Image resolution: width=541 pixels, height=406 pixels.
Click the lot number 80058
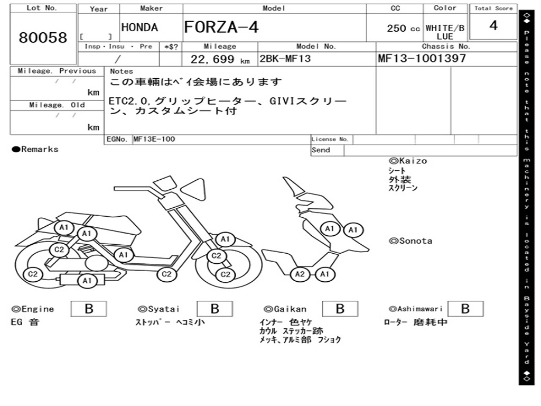point(43,38)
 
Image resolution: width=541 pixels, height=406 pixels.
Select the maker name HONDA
point(139,27)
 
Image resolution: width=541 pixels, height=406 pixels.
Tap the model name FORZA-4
point(221,27)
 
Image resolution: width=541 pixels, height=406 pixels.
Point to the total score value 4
point(493,26)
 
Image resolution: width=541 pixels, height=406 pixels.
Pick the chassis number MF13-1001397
point(422,58)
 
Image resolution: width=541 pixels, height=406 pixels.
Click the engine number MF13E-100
point(154,139)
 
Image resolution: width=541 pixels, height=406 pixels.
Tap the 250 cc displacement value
point(403,29)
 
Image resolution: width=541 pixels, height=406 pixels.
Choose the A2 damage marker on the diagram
point(300,274)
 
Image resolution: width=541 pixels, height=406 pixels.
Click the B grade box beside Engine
point(89,309)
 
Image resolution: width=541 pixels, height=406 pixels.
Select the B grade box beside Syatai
point(214,309)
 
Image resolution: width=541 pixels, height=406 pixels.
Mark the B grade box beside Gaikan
point(340,309)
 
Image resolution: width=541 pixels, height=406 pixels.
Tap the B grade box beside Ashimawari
point(465,309)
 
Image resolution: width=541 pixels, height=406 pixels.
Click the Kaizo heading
point(408,161)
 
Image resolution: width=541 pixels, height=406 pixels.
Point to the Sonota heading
point(411,241)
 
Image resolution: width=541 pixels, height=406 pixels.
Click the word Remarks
point(40,149)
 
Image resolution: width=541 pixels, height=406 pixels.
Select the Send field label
point(321,150)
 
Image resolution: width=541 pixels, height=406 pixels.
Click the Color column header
point(445,8)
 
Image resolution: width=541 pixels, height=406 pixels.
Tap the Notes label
point(122,71)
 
